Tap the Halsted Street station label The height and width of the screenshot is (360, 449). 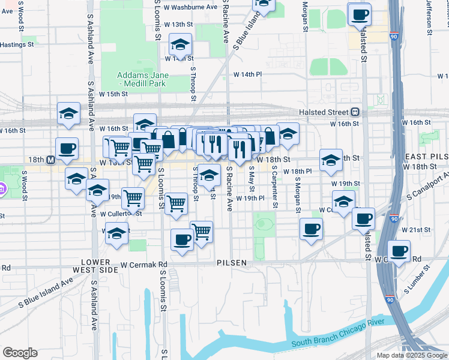324,112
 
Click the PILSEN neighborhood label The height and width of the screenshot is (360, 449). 232,263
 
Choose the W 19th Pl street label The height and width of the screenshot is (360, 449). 250,198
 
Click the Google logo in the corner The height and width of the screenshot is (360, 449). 20,353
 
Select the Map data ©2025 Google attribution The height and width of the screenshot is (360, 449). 412,355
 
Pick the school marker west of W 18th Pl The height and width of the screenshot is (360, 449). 331,160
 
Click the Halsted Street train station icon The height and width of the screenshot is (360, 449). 355,112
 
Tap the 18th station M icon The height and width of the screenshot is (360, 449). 50,160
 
